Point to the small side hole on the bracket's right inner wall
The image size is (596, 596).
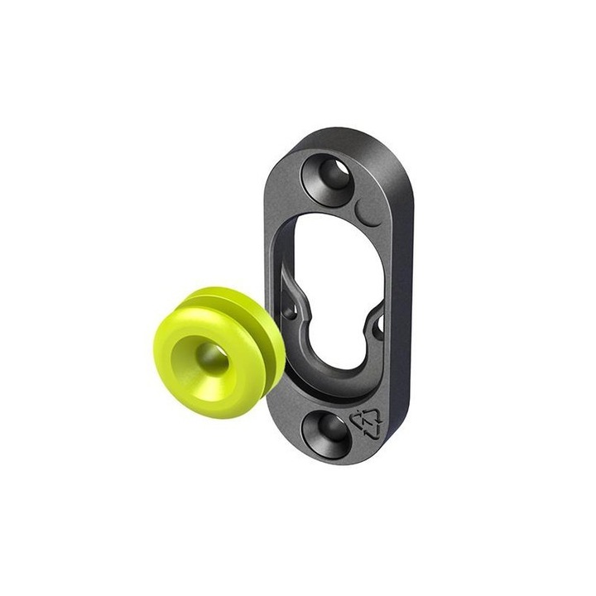pos(379,324)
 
